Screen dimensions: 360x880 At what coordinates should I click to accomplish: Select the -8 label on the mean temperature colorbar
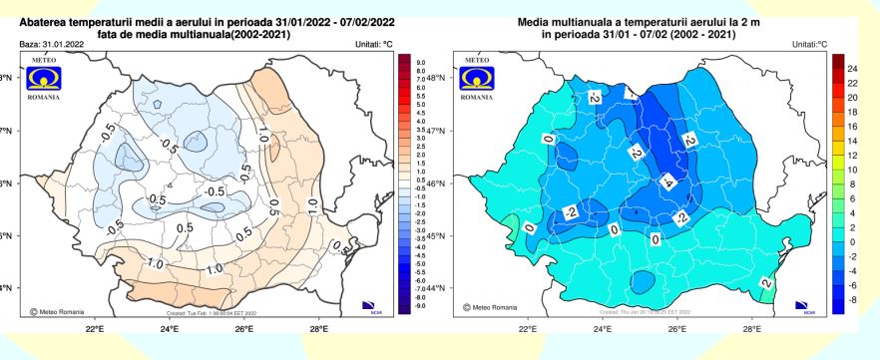pyautogui.click(x=853, y=298)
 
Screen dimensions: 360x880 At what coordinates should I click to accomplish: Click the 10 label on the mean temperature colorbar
pyautogui.click(x=853, y=171)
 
